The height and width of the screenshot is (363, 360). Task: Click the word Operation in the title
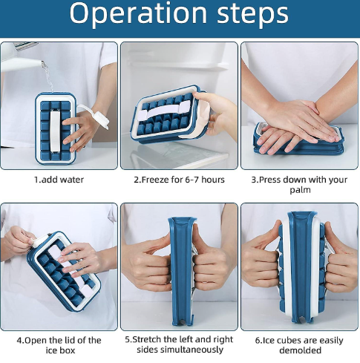[138, 13]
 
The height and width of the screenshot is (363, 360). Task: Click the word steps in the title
[252, 13]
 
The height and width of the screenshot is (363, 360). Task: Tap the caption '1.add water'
[59, 180]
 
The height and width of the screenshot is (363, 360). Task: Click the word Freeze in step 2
[155, 180]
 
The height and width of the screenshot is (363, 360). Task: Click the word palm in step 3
[300, 190]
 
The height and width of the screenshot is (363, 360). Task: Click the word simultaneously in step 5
[180, 350]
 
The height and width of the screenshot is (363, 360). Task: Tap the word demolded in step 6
[300, 350]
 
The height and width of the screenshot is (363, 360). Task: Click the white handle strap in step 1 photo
[55, 131]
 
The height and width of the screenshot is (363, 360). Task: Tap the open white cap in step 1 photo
[100, 118]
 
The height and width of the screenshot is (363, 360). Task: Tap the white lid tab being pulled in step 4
[39, 241]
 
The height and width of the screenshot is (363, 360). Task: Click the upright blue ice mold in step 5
[182, 271]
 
